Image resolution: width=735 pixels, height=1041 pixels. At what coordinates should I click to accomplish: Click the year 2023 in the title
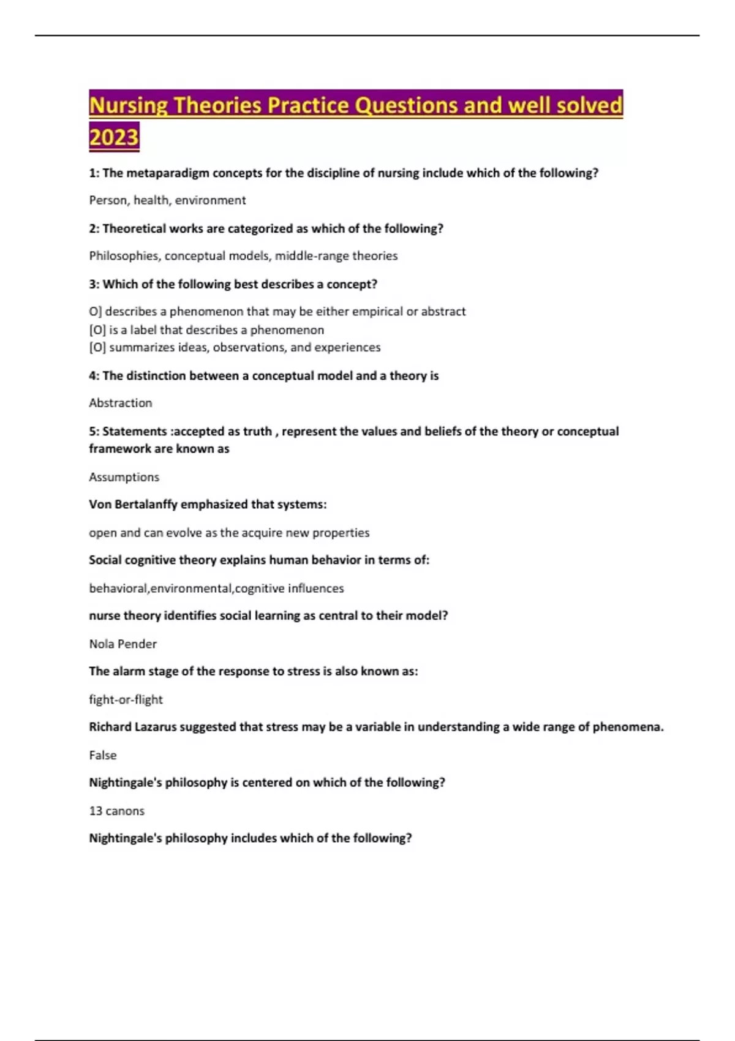point(114,136)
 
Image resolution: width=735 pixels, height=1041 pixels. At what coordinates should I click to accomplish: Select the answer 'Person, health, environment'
point(167,200)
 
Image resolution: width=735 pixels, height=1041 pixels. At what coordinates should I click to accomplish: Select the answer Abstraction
point(120,403)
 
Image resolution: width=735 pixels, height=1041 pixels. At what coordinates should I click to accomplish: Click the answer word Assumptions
point(124,477)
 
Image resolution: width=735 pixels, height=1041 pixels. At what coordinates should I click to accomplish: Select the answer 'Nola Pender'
point(123,644)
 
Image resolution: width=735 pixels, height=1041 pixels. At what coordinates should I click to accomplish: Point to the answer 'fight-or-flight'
point(126,700)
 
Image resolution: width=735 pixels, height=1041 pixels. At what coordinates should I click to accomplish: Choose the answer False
point(102,756)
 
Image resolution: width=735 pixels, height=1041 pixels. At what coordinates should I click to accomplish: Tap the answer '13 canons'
point(116,811)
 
